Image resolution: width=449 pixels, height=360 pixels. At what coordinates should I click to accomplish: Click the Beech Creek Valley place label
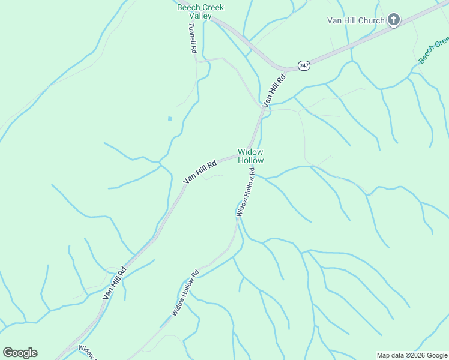(x=200, y=11)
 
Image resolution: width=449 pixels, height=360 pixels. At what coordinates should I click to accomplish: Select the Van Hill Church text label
(x=355, y=20)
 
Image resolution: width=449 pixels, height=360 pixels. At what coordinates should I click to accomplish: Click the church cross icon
(x=394, y=20)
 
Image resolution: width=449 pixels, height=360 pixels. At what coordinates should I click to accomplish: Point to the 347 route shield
(x=304, y=65)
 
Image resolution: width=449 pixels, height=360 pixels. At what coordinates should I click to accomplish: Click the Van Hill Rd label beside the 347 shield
(x=274, y=88)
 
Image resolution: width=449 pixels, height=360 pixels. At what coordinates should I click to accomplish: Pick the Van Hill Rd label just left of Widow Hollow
(x=200, y=172)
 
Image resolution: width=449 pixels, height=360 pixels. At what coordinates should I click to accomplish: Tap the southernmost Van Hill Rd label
(x=114, y=283)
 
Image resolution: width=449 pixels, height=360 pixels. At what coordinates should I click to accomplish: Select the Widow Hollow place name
(x=250, y=156)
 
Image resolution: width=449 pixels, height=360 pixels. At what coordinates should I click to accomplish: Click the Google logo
(x=20, y=353)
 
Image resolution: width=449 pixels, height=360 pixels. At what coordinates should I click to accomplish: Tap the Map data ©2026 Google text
(x=411, y=355)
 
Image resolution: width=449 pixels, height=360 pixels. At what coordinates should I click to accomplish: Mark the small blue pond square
(x=170, y=118)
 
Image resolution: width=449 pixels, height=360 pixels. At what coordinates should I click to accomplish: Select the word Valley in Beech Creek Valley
(x=200, y=16)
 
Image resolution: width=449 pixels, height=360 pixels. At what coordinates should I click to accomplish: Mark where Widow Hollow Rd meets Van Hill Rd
(x=249, y=154)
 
